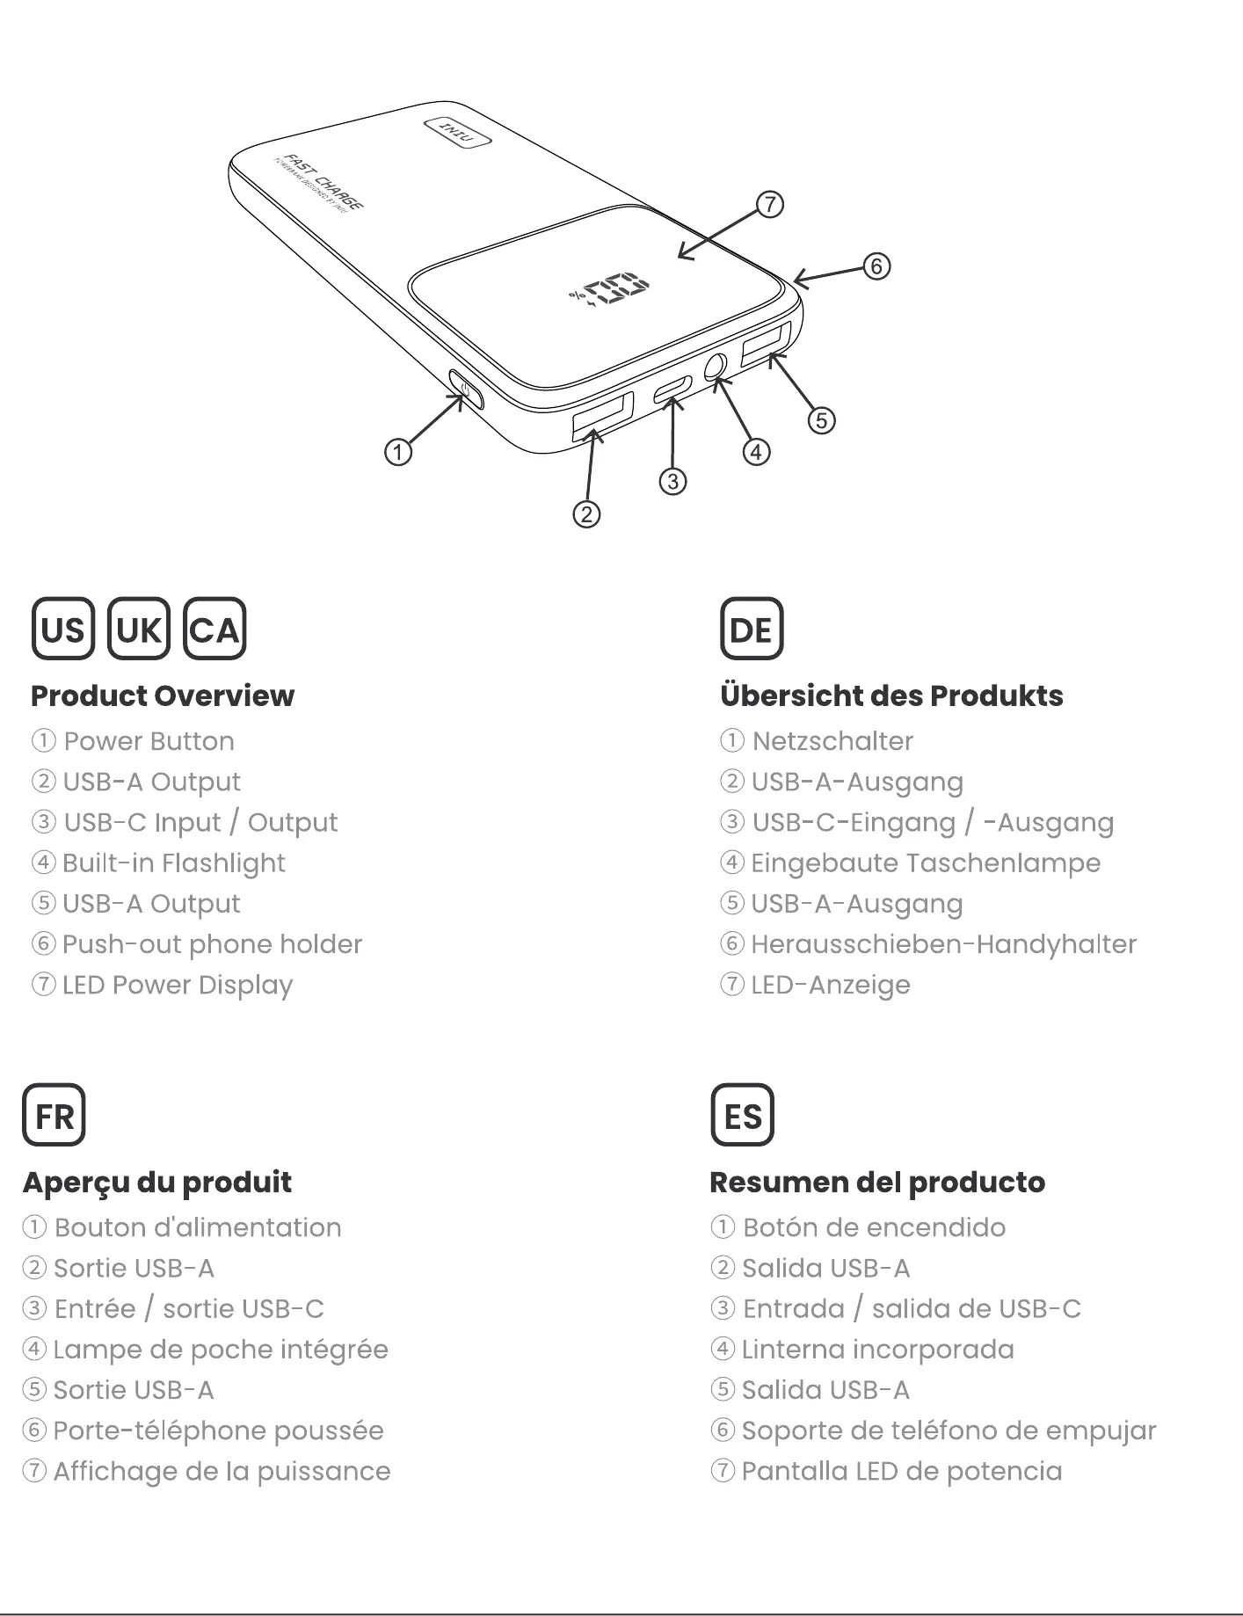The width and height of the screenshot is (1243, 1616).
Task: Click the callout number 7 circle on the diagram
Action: tap(769, 205)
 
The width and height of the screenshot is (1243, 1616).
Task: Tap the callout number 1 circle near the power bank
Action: tap(398, 452)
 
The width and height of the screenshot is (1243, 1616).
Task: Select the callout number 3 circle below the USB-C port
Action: tap(672, 481)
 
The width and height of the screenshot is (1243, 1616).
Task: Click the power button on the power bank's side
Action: tap(465, 389)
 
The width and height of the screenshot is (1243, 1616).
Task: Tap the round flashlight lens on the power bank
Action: tap(717, 365)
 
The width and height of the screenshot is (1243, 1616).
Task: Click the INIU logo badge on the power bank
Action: tap(457, 133)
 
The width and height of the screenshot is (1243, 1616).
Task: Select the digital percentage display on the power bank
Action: tap(610, 291)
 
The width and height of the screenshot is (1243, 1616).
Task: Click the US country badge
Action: tap(62, 629)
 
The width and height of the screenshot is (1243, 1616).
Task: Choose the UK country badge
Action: tap(138, 629)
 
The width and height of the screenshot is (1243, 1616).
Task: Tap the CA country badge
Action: tap(214, 629)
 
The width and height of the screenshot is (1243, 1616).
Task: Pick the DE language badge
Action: tap(751, 629)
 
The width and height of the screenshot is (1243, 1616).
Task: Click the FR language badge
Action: tap(54, 1115)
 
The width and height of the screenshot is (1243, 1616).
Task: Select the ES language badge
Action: tap(742, 1115)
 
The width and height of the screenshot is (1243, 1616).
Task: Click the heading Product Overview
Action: tap(163, 695)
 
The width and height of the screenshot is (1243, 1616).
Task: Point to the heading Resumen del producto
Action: tap(877, 1182)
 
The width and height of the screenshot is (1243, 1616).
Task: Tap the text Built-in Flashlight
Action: tap(173, 863)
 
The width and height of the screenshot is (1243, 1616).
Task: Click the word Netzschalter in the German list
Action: tap(832, 741)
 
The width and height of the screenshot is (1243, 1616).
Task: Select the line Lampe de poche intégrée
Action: tap(220, 1349)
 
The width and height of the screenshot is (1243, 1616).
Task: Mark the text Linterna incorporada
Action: tap(877, 1349)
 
